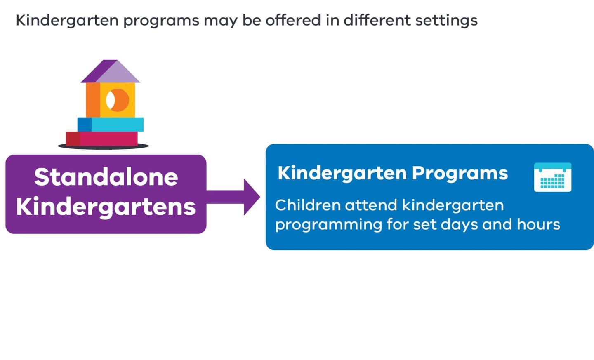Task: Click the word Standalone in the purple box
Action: (106, 177)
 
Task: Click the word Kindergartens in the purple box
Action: (106, 207)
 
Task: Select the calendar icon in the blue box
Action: (552, 177)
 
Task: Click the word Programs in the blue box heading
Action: (460, 173)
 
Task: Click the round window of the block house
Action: (117, 100)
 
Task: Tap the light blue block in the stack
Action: (117, 125)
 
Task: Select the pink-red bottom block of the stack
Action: (108, 139)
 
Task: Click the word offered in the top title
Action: (293, 20)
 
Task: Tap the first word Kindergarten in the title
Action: (67, 21)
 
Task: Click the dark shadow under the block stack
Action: (103, 146)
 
